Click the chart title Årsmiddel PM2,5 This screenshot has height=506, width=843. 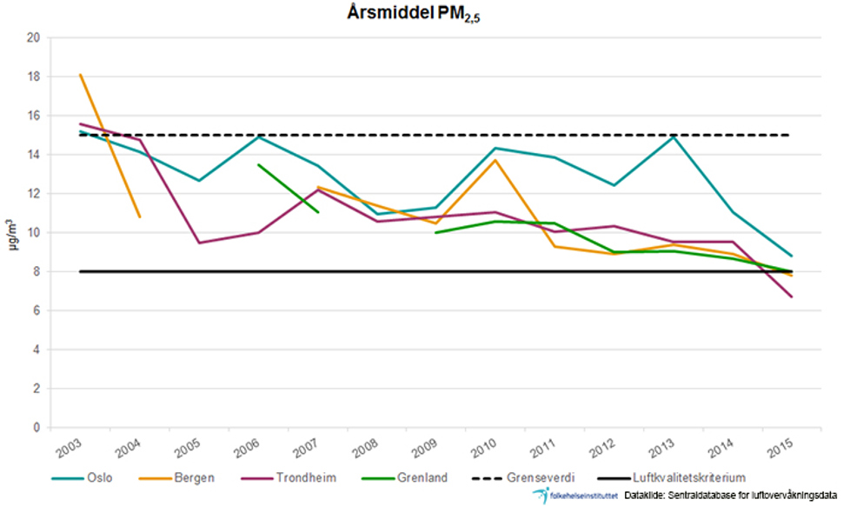pyautogui.click(x=420, y=15)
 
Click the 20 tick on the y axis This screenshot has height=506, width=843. pyautogui.click(x=34, y=38)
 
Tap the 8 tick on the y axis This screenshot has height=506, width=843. pyautogui.click(x=37, y=272)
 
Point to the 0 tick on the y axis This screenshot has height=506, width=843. pyautogui.click(x=37, y=428)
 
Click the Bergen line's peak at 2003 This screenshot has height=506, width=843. pyautogui.click(x=81, y=75)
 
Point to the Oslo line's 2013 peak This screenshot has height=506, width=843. pyautogui.click(x=674, y=136)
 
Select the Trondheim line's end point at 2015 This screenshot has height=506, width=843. pyautogui.click(x=792, y=297)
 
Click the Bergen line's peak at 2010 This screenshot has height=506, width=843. pyautogui.click(x=495, y=160)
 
